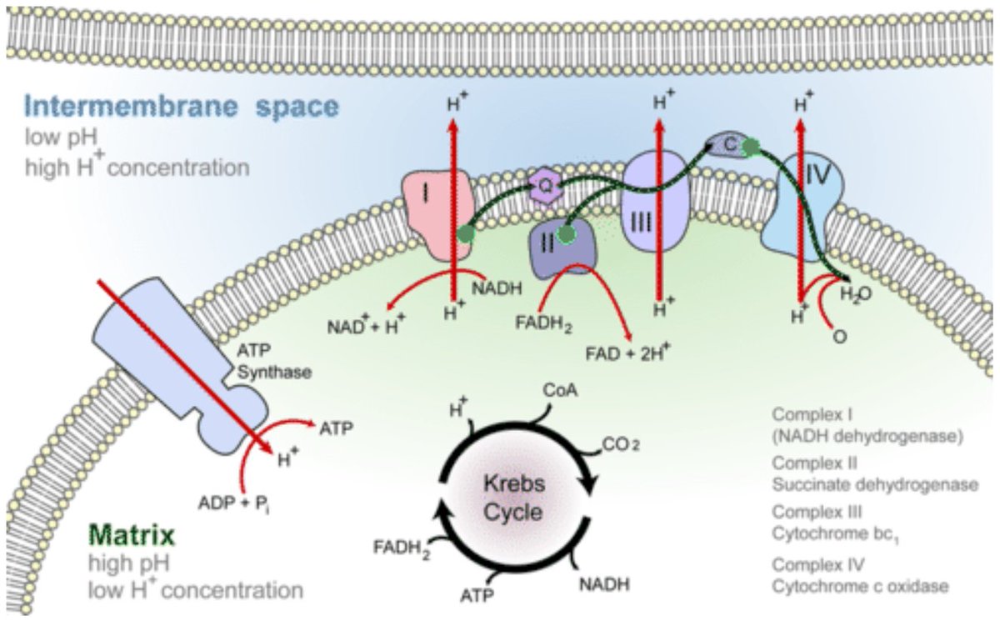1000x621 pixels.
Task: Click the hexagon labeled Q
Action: (x=542, y=188)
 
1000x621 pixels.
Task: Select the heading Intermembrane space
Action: (x=181, y=107)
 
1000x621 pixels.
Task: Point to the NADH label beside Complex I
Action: (x=498, y=288)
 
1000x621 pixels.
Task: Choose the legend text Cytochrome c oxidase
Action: (x=859, y=586)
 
